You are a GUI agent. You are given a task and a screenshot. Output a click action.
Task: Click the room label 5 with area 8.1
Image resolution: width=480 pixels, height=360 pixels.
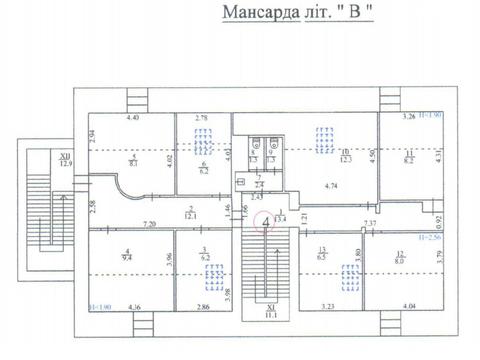point(133,161)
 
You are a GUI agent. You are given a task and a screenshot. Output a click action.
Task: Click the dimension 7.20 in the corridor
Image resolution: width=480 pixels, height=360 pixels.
point(152,223)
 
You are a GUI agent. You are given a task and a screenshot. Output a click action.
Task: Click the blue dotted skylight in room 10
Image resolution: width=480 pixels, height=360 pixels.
point(324,140)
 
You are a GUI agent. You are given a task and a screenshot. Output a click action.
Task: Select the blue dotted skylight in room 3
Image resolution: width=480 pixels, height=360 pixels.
point(205,243)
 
